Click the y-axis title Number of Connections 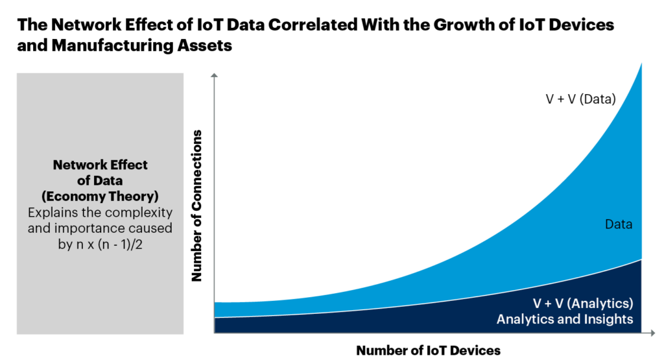click(196, 206)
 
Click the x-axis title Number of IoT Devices click(428, 350)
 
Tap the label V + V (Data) click(580, 99)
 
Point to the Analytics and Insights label click(564, 319)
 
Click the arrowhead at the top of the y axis click(215, 77)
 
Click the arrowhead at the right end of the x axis click(650, 333)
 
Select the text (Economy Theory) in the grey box click(100, 196)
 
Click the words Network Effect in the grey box click(100, 165)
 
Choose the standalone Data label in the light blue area click(619, 225)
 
